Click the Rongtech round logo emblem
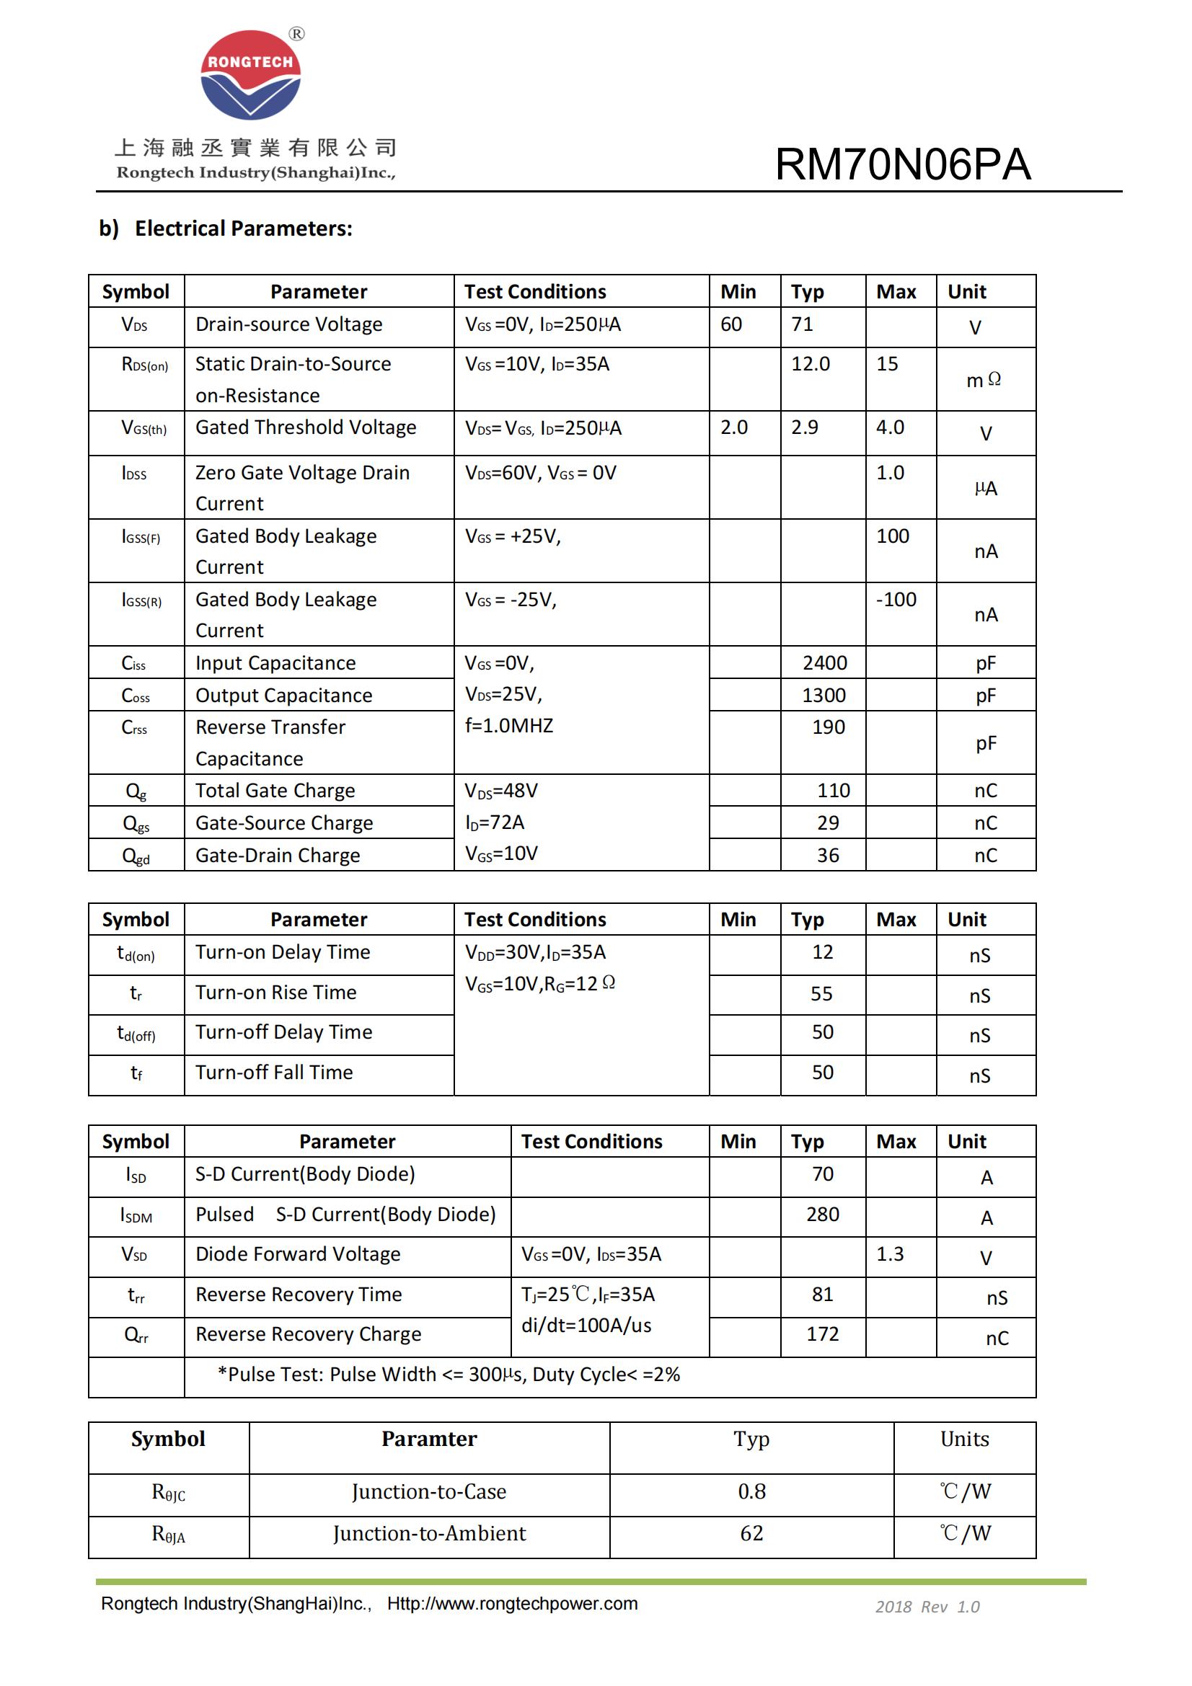250,75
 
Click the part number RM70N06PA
903,164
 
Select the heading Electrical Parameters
243,229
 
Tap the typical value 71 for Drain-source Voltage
802,324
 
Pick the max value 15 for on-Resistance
887,364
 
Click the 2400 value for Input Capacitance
824,663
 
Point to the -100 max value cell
896,600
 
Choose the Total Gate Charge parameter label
275,791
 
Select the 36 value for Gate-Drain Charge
828,856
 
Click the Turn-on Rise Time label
275,993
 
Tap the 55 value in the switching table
821,994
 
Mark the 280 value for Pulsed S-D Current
823,1215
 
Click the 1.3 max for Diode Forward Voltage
889,1254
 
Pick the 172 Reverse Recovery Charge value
823,1334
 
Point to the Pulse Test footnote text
449,1375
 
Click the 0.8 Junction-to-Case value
751,1491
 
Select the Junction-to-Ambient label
429,1533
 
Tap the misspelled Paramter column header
429,1439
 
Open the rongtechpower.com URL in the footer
512,1604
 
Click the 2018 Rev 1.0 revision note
927,1607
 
